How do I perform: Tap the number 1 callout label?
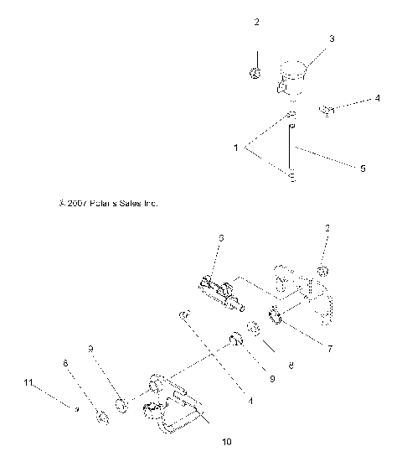(237, 148)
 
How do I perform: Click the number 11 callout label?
(28, 382)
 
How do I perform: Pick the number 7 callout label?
(329, 348)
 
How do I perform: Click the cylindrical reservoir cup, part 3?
(294, 77)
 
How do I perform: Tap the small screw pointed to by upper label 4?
(327, 110)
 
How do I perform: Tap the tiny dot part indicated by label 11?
(76, 409)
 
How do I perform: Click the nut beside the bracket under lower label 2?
(322, 270)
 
